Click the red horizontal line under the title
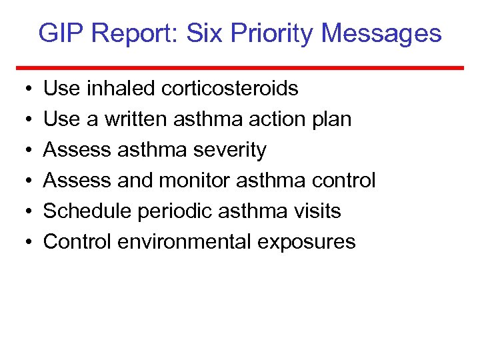coord(240,67)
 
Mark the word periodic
coord(167,211)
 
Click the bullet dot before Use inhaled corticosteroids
coord(24,89)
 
